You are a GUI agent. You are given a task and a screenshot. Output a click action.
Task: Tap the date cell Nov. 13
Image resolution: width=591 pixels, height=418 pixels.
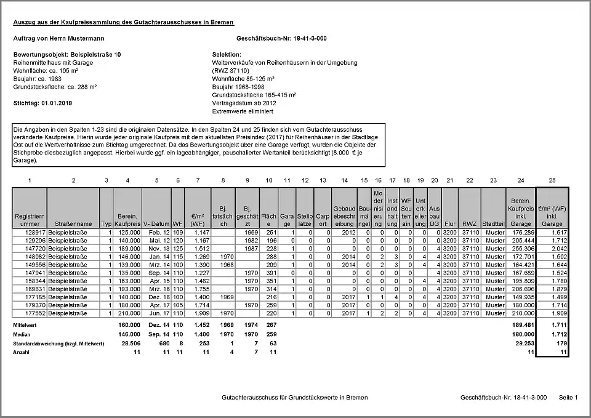tap(159, 248)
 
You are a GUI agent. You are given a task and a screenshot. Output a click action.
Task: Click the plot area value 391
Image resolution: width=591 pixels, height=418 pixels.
tap(269, 273)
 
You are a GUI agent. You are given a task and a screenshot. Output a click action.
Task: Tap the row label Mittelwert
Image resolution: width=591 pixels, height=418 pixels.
tap(26, 324)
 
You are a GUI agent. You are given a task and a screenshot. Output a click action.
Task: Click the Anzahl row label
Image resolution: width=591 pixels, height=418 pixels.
tap(22, 352)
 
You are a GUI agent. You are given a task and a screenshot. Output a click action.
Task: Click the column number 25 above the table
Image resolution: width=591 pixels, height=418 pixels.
tap(552, 180)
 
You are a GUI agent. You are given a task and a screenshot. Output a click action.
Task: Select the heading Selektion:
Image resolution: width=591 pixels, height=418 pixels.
tap(227, 55)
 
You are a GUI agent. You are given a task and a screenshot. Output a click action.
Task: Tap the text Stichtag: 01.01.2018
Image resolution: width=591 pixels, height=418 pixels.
tap(42, 103)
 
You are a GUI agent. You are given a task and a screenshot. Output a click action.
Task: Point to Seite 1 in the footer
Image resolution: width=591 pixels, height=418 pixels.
tap(568, 398)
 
